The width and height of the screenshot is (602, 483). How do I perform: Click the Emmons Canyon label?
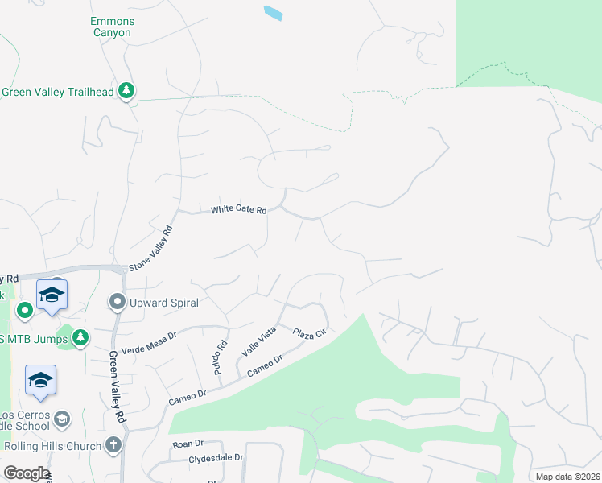coord(111,27)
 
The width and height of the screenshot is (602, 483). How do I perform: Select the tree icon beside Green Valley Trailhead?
coord(126,92)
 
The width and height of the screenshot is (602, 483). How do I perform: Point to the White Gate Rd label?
coord(238,210)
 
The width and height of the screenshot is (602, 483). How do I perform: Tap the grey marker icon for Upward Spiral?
coord(118,303)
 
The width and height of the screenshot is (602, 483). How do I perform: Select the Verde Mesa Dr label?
coord(148,335)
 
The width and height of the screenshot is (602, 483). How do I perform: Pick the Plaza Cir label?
coord(308,333)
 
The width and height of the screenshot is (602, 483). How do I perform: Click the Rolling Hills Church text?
coord(53,446)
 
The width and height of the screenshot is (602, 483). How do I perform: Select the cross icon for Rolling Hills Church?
coord(114,444)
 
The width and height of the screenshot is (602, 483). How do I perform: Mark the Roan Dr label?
coord(188,444)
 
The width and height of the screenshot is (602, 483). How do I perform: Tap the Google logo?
coord(27,473)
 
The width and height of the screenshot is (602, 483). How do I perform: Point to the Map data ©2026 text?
coord(567,477)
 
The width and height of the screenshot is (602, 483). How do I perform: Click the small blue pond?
coord(274,13)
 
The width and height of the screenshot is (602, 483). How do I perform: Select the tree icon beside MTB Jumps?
coord(80,338)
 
